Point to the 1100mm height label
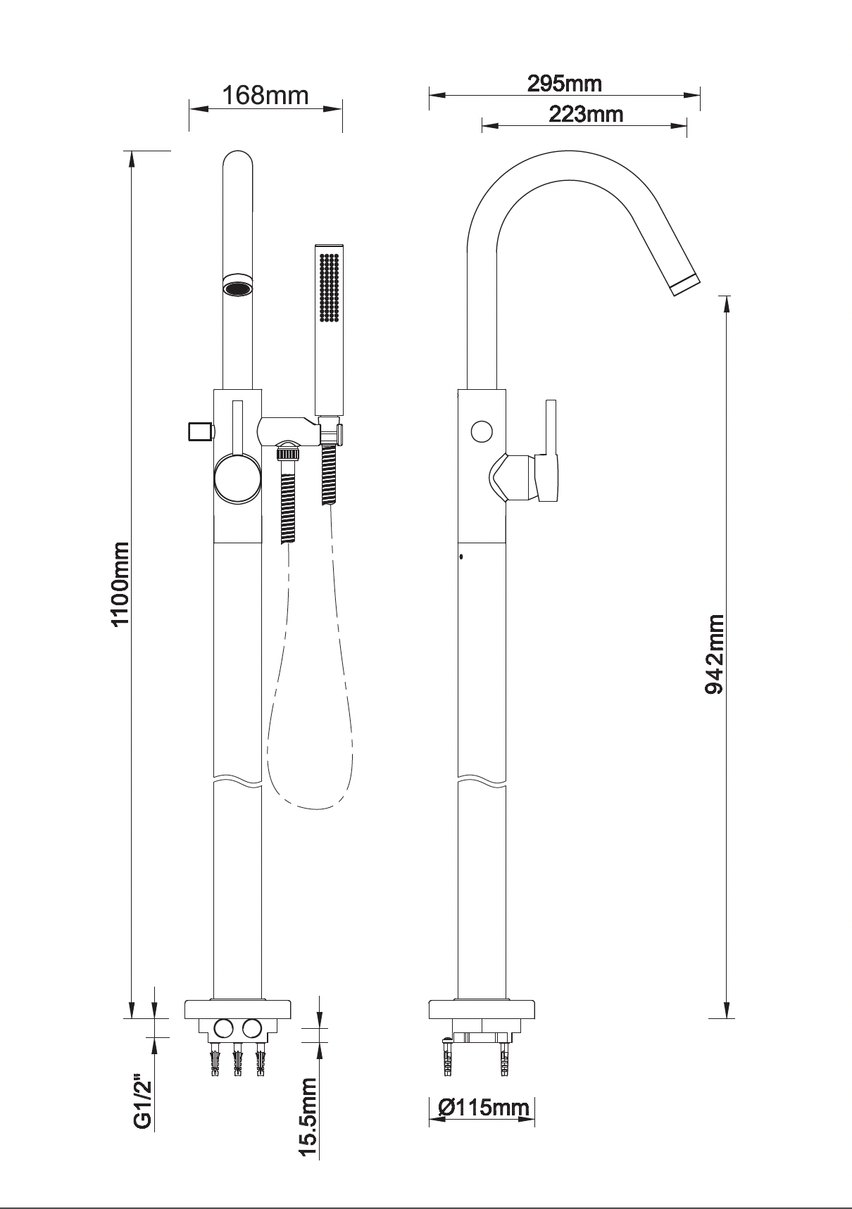120,583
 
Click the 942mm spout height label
715,654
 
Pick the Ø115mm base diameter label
483,1108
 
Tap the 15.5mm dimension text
310,1118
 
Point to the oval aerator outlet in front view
238,288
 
